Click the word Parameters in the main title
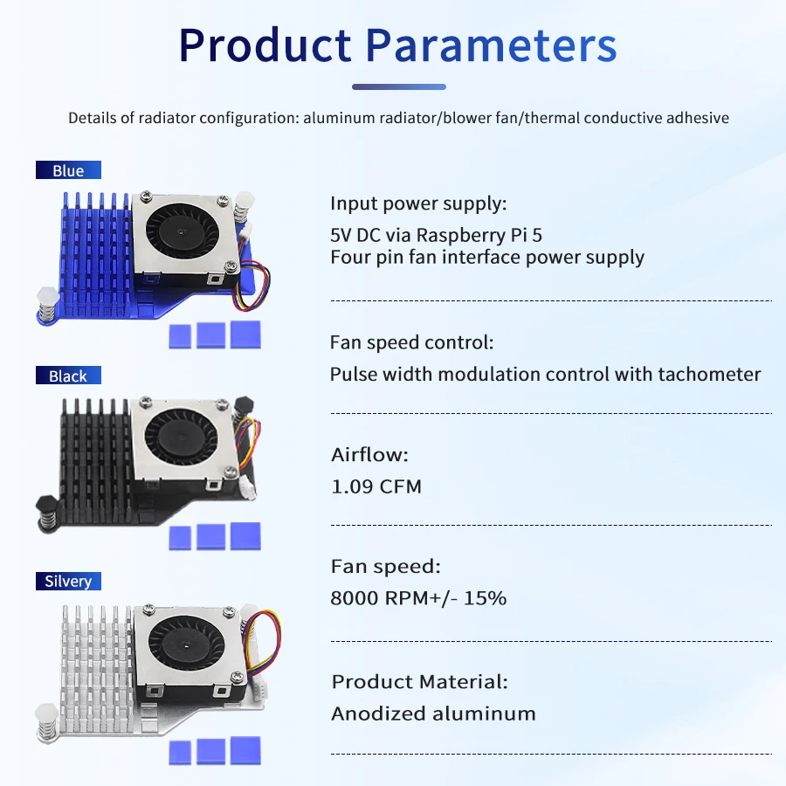[490, 45]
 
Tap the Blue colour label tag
[68, 170]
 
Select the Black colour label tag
[68, 376]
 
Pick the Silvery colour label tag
[68, 581]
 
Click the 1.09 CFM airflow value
[376, 486]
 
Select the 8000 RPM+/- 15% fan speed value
[418, 598]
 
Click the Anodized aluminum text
[433, 714]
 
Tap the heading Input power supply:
[417, 204]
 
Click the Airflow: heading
[369, 454]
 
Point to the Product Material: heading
[419, 681]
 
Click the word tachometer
[709, 375]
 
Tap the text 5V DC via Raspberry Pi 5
[437, 235]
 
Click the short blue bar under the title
[398, 86]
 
